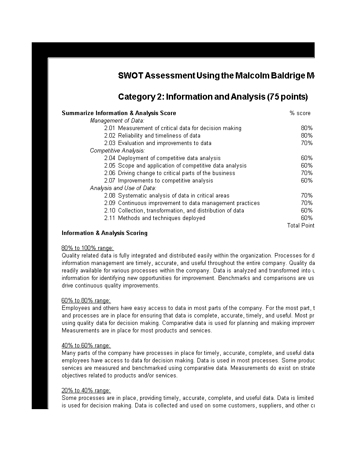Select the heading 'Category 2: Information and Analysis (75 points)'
pyautogui.click(x=213, y=97)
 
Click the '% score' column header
pyautogui.click(x=300, y=113)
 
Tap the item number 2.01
pyautogui.click(x=110, y=128)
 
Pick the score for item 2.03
pyautogui.click(x=307, y=143)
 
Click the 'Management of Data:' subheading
pyautogui.click(x=117, y=121)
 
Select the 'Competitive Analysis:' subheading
pyautogui.click(x=117, y=151)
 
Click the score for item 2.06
pyautogui.click(x=307, y=173)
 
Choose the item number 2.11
pyautogui.click(x=110, y=218)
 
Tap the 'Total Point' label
pyautogui.click(x=301, y=226)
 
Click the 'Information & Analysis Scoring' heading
pyautogui.click(x=104, y=233)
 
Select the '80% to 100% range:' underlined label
pyautogui.click(x=88, y=248)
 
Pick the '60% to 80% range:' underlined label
pyautogui.click(x=86, y=301)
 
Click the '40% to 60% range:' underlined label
pyautogui.click(x=86, y=346)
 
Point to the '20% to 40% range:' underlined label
pyautogui.click(x=86, y=391)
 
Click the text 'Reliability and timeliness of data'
pyautogui.click(x=159, y=136)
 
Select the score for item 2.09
pyautogui.click(x=307, y=203)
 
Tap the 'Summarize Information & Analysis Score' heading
pyautogui.click(x=119, y=113)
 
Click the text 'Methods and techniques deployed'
pyautogui.click(x=161, y=218)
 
